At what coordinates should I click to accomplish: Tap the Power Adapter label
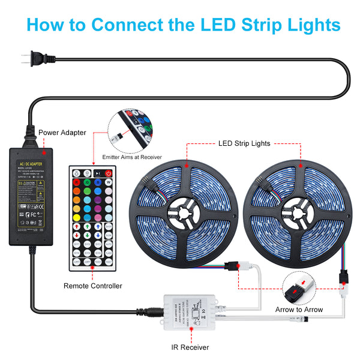pyautogui.click(x=62, y=133)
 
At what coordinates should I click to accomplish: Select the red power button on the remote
pyautogui.click(x=109, y=174)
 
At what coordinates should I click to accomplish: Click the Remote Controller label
pyautogui.click(x=92, y=286)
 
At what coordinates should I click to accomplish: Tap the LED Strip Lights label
pyautogui.click(x=244, y=144)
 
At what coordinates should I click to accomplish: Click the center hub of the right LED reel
pyautogui.click(x=299, y=211)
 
